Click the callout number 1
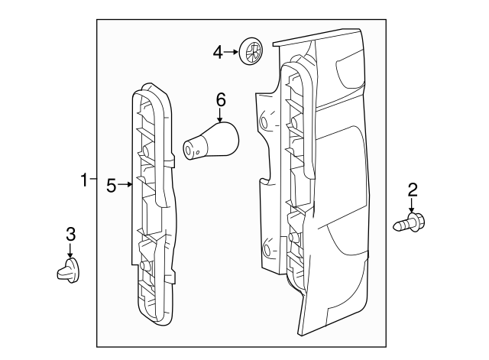[84, 180]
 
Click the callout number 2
[413, 189]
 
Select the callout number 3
[70, 233]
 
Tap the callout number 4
[218, 52]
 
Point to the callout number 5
[112, 184]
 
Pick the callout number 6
[221, 99]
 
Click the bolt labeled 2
[411, 224]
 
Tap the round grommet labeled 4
[251, 53]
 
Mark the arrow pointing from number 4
[232, 53]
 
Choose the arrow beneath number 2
[413, 206]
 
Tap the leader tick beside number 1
[93, 180]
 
